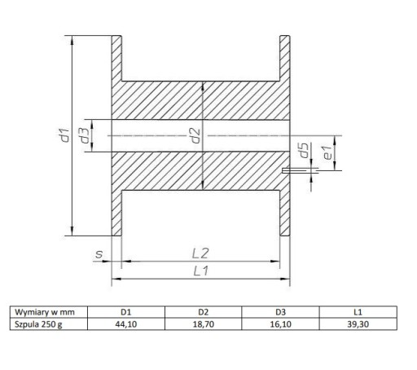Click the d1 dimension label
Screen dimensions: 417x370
[65, 135]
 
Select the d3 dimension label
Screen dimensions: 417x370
[85, 135]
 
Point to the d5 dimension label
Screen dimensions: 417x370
[304, 150]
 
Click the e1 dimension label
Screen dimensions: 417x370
[327, 152]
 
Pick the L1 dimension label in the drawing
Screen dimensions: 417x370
[201, 271]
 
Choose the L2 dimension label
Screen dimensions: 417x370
[200, 253]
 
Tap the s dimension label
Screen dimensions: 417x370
[99, 254]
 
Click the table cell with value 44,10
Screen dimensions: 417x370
[126, 324]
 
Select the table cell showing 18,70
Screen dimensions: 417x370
[204, 324]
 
